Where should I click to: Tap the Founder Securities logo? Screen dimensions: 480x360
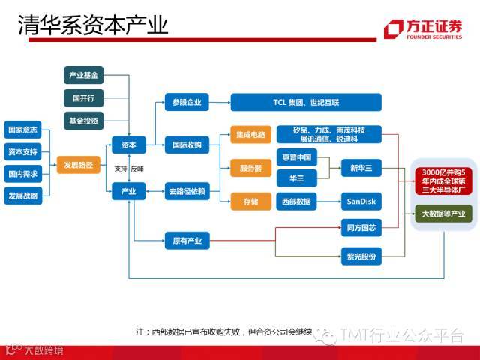coord(424,28)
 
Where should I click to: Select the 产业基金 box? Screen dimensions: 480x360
coord(83,76)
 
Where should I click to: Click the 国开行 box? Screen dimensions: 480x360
coord(83,98)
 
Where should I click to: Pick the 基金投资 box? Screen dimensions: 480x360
coord(83,120)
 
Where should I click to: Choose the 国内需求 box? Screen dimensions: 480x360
coord(22,174)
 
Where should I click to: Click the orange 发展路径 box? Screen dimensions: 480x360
coord(78,164)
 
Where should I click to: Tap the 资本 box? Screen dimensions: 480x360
coord(128,145)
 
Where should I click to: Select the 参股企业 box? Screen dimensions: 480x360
coord(187,102)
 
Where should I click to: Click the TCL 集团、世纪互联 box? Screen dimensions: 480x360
coord(306,102)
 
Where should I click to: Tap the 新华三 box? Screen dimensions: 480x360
coord(361,168)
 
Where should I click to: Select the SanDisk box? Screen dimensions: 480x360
coord(361,201)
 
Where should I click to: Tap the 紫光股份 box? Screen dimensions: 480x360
coord(361,256)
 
